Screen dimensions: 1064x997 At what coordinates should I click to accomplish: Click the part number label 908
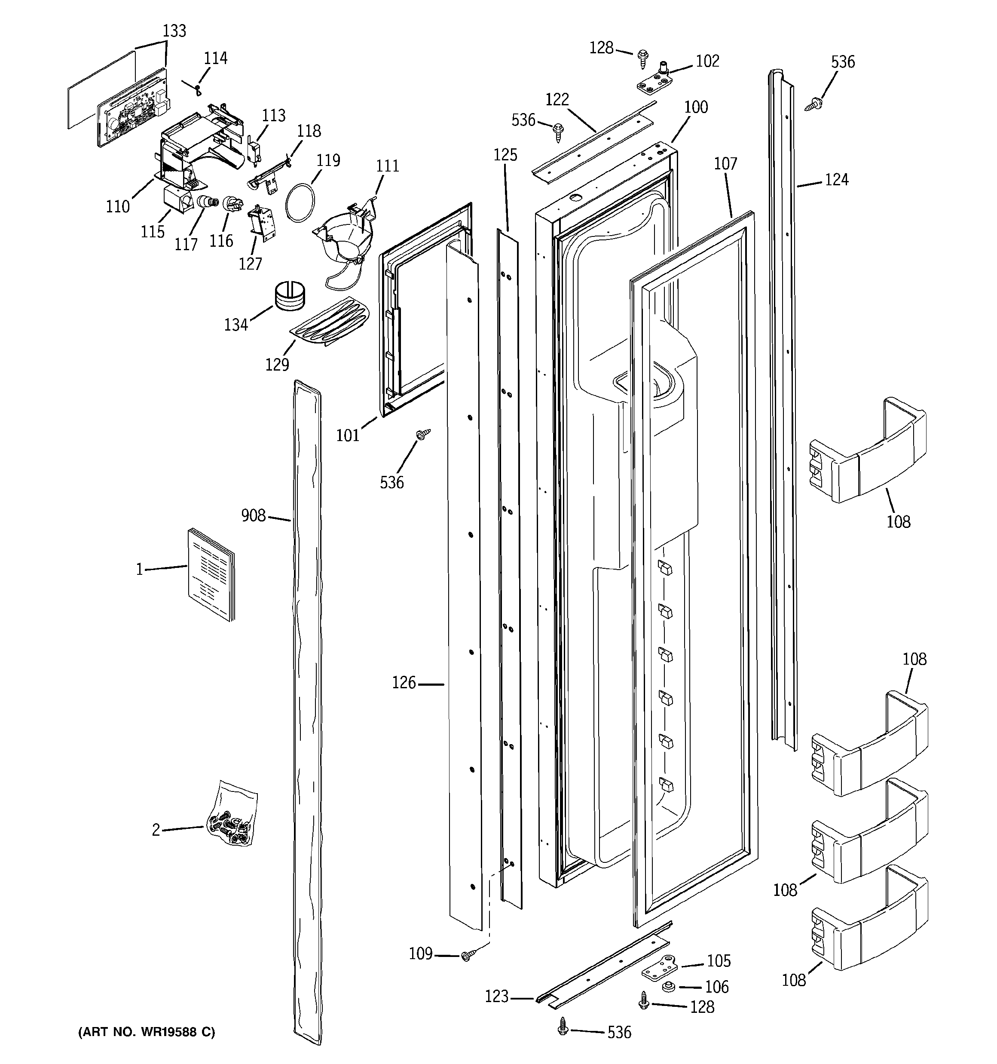(x=253, y=515)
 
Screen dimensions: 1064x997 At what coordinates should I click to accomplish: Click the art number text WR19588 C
(x=147, y=1032)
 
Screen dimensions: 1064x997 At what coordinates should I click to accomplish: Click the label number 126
(x=404, y=683)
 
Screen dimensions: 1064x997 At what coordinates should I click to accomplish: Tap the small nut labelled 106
(x=667, y=986)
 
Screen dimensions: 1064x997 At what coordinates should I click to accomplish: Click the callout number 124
(x=836, y=180)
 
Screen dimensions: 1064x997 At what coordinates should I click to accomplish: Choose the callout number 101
(x=347, y=435)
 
